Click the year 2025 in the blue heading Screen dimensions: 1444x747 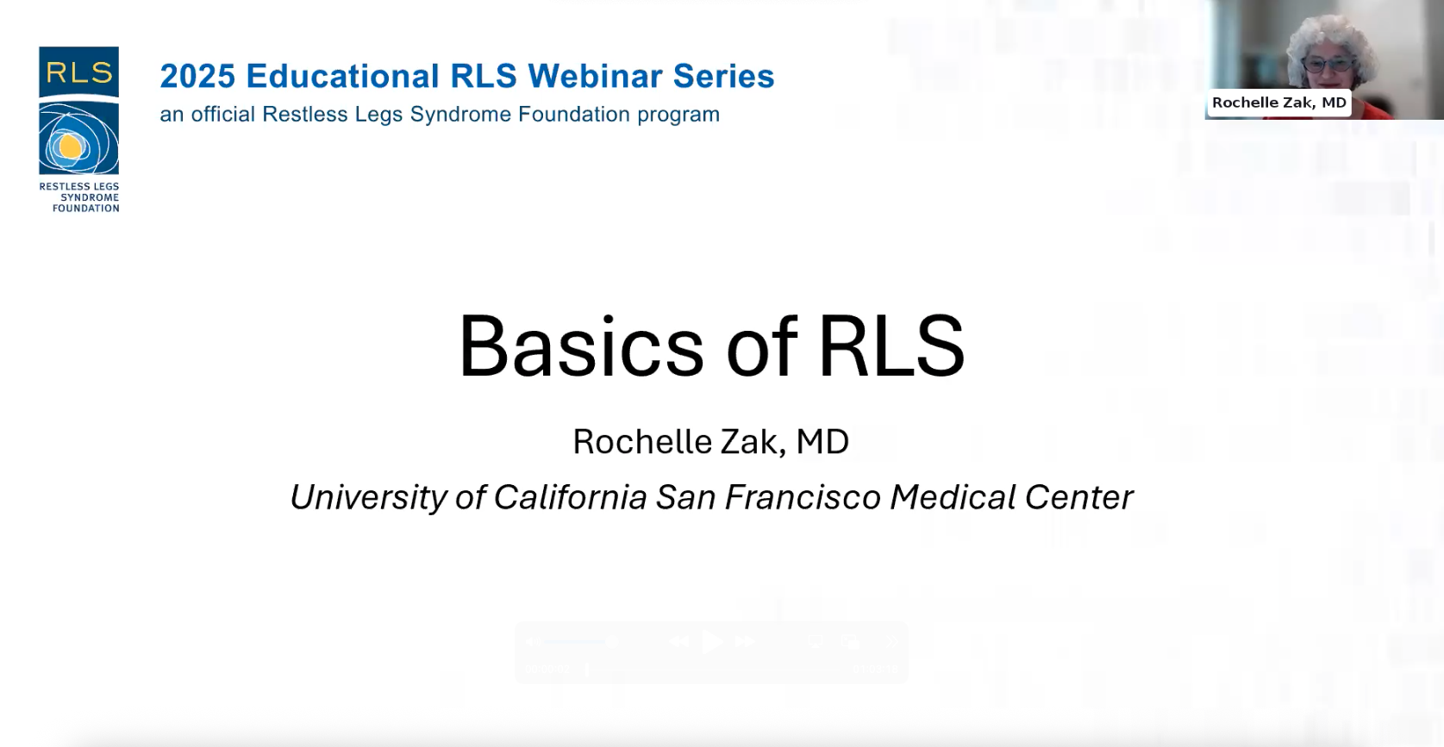[197, 76]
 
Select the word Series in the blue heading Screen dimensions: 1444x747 [723, 76]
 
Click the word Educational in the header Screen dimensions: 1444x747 [342, 76]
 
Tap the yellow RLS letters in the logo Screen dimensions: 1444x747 [78, 73]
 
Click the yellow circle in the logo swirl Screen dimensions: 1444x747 [70, 146]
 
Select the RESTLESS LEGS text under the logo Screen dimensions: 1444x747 [79, 186]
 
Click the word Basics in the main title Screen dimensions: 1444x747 [581, 346]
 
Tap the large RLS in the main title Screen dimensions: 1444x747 [891, 346]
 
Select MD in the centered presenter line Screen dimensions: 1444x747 [822, 442]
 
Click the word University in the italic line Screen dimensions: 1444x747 [368, 498]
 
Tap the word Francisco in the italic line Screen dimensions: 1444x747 [803, 498]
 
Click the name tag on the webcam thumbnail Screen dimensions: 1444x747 [1279, 103]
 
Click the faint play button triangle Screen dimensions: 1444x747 [712, 642]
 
